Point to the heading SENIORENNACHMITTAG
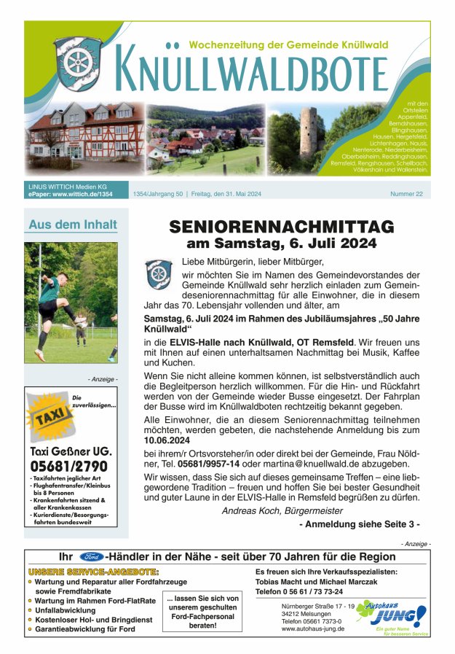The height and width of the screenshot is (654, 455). point(281,226)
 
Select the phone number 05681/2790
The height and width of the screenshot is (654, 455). point(69,466)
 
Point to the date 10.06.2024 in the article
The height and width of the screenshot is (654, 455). point(167,440)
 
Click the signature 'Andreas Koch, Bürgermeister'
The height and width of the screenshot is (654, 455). point(282,510)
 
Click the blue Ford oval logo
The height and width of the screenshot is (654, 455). point(92,556)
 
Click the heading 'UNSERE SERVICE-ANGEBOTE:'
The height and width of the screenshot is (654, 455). point(93,572)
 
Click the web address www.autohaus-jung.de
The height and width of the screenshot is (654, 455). point(312,628)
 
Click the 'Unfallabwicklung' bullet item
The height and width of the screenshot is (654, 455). point(65,610)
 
